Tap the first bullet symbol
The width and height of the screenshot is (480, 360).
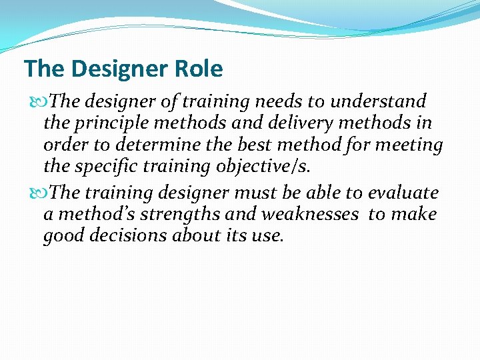tap(36, 102)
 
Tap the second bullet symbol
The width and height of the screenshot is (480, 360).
tap(36, 193)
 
